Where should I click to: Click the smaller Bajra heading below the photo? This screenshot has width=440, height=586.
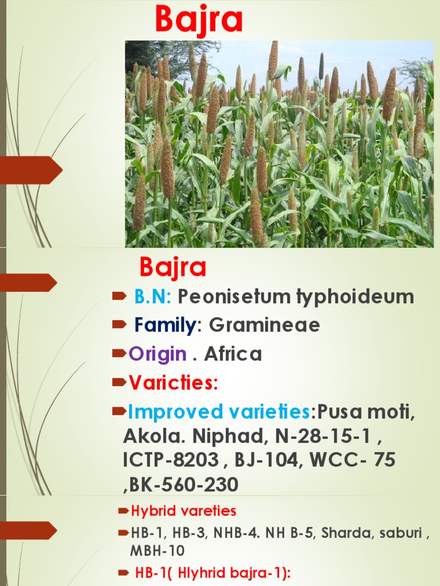[173, 268]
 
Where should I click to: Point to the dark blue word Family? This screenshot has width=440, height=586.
[165, 325]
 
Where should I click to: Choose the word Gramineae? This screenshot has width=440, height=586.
[264, 325]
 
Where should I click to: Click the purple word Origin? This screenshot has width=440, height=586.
[158, 354]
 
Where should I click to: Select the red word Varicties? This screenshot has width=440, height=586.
[173, 382]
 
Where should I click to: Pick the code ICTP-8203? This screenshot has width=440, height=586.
[171, 460]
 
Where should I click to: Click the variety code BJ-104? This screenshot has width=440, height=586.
[270, 460]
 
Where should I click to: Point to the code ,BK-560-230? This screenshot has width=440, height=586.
[180, 485]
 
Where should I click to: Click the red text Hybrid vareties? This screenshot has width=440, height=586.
[183, 510]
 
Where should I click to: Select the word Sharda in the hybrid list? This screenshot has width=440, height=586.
[343, 533]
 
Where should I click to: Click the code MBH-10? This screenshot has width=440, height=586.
[158, 551]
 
